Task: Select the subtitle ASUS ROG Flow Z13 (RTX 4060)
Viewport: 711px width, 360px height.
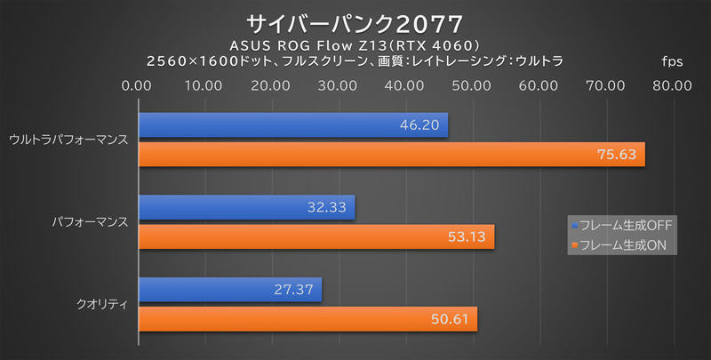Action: [x=355, y=44]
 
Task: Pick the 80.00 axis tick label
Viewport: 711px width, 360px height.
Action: [x=671, y=86]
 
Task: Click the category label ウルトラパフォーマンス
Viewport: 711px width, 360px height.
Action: [x=68, y=140]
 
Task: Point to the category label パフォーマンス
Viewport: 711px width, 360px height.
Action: [x=89, y=222]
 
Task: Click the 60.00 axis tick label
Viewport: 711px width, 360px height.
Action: [x=538, y=86]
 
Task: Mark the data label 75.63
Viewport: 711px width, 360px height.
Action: [x=617, y=155]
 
